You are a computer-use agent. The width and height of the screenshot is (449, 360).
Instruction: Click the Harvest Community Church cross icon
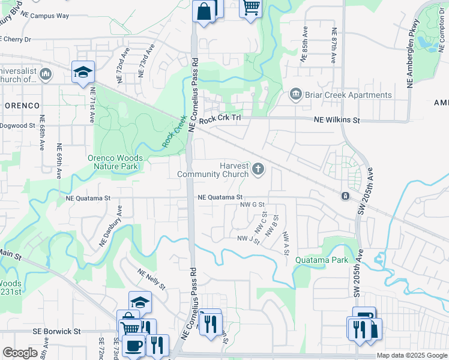pos(258,169)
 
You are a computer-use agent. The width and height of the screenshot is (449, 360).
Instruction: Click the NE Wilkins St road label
pos(337,120)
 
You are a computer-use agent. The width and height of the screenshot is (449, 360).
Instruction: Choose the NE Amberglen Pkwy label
pos(412,54)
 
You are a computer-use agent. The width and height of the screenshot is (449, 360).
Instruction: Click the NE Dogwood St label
pos(18,125)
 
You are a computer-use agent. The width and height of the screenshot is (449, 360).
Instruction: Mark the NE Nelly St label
pos(151,280)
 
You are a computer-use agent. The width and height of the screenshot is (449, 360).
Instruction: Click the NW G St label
pos(252,205)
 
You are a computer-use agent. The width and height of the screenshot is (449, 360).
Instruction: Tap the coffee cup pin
pos(133,346)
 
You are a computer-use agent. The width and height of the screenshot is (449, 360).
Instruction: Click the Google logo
pos(20,353)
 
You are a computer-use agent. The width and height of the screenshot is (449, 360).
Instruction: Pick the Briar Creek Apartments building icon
pos(295,95)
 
